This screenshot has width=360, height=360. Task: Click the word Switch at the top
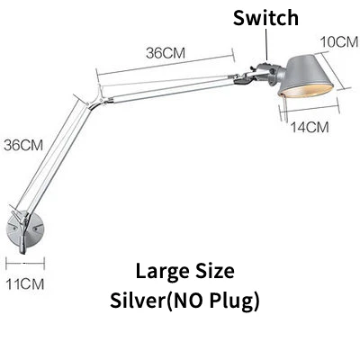(x=265, y=18)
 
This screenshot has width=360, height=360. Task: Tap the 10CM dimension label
(x=339, y=42)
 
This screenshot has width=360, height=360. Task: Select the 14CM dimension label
(x=310, y=127)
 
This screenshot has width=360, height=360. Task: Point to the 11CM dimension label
(x=25, y=283)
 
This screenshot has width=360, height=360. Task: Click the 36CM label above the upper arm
(x=166, y=53)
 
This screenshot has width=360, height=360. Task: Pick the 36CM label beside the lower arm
(x=23, y=145)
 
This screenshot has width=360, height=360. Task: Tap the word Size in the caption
(x=215, y=271)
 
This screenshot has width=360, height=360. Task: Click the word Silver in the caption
(x=138, y=300)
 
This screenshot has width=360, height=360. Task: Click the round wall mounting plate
(x=25, y=229)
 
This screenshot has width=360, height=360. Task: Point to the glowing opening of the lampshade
(x=306, y=90)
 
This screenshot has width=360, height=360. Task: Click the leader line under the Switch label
(x=266, y=44)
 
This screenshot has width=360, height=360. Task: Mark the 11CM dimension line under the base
(x=25, y=264)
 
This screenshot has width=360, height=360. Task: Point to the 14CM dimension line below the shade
(x=310, y=110)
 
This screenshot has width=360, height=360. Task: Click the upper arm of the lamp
(x=168, y=87)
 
